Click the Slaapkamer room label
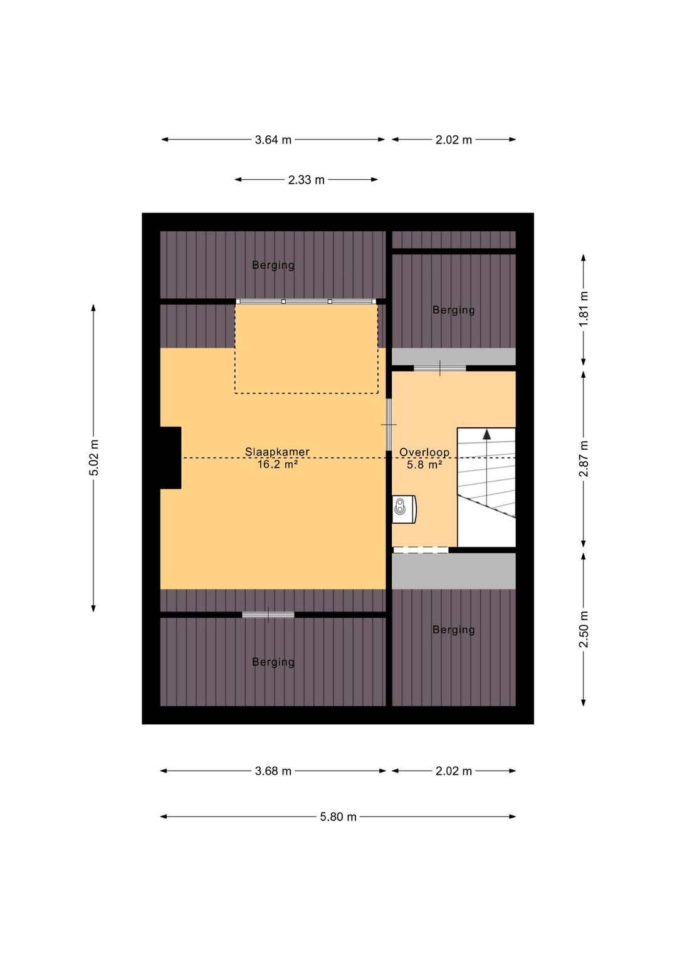tap(277, 452)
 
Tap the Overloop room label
tap(424, 452)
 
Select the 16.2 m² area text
tap(277, 464)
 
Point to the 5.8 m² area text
tap(424, 465)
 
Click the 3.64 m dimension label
tap(273, 140)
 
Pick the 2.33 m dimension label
tap(307, 180)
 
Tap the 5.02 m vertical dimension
tap(94, 457)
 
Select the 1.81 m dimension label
tap(584, 309)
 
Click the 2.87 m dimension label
tap(584, 459)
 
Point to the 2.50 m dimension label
tap(584, 629)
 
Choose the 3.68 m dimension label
tap(273, 771)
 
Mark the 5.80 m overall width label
tap(338, 817)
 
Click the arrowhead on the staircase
tap(486, 435)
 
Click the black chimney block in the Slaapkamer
tap(171, 457)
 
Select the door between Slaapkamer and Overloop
tap(389, 425)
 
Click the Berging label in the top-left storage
tap(273, 266)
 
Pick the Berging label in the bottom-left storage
tap(273, 662)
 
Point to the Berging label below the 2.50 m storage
tap(454, 630)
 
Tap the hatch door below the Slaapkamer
tap(268, 615)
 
